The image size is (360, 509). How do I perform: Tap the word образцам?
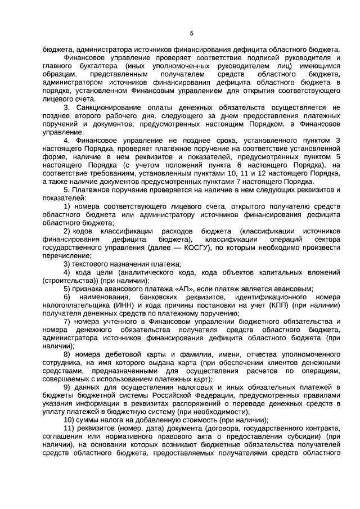(59, 74)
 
